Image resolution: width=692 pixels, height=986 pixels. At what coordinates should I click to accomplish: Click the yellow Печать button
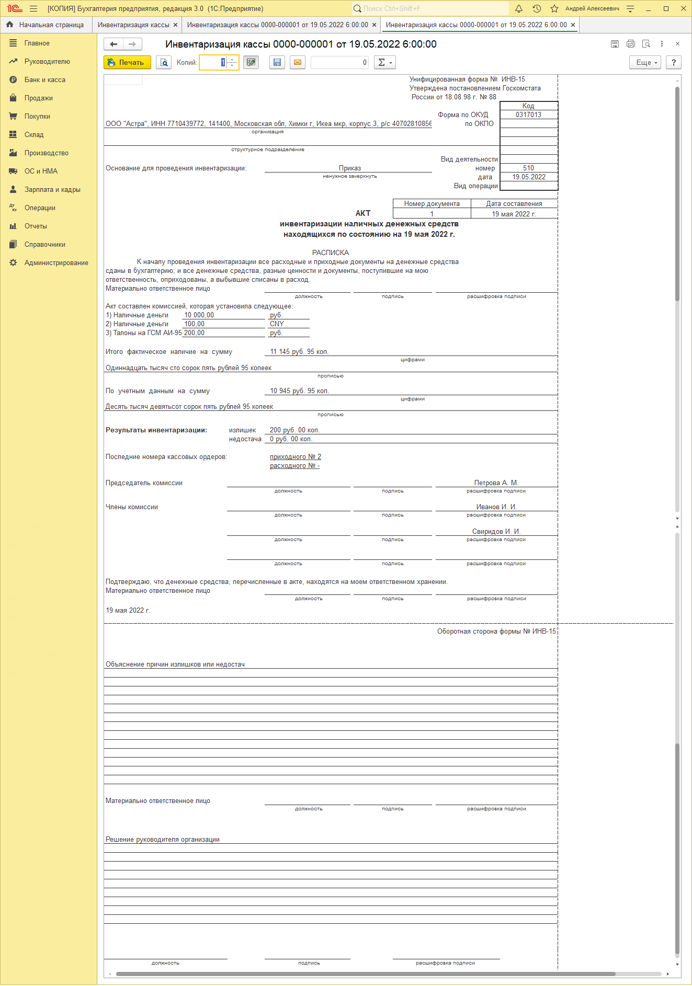click(x=127, y=63)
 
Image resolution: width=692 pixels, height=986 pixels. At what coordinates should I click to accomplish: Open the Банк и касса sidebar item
click(x=44, y=80)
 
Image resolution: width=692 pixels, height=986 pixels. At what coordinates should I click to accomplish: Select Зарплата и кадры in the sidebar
click(x=52, y=190)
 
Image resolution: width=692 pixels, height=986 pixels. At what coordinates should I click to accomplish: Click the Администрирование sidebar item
click(x=56, y=263)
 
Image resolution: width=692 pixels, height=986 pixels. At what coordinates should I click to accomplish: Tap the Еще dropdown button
click(x=646, y=63)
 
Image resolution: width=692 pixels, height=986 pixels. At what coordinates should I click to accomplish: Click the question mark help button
click(x=674, y=63)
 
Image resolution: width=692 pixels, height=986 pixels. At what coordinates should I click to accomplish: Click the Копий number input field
click(x=214, y=63)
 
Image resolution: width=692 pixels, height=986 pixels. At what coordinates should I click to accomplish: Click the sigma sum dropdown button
click(x=384, y=63)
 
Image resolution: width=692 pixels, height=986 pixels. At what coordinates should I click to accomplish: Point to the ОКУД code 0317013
click(x=528, y=115)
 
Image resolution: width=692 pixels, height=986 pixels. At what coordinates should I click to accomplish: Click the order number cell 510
click(x=528, y=168)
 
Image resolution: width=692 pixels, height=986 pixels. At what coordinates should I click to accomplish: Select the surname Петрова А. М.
click(x=496, y=483)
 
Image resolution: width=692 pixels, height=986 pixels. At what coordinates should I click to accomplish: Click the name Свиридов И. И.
click(x=496, y=532)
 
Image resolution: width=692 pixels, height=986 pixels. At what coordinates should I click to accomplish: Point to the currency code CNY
click(x=277, y=324)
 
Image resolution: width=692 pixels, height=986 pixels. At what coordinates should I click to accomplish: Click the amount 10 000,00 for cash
click(x=199, y=315)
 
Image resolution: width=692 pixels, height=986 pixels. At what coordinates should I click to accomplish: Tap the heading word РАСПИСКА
click(x=330, y=253)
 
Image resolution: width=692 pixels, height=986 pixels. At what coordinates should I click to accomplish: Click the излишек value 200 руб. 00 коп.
click(x=294, y=430)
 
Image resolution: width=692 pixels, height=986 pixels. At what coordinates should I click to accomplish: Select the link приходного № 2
click(x=295, y=457)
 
